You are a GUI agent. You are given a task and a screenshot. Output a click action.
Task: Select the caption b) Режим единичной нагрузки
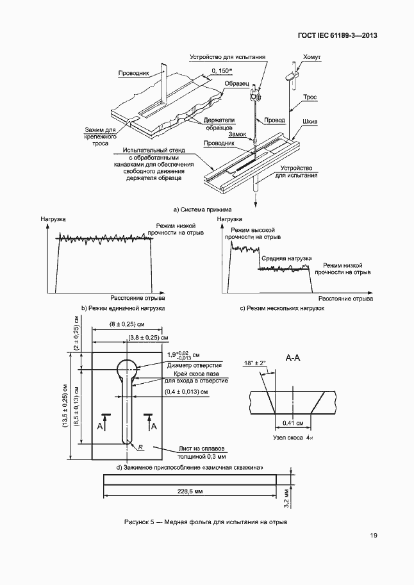pos(123,308)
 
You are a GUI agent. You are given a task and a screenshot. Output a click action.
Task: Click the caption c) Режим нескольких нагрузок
pos(283,308)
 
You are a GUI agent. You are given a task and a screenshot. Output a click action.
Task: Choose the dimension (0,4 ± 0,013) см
pos(182,391)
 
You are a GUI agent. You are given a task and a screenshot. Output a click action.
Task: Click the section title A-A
pos(292,358)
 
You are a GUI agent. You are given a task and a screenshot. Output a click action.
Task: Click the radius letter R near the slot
pos(139,446)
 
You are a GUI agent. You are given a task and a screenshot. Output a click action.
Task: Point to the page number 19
pos(373,536)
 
